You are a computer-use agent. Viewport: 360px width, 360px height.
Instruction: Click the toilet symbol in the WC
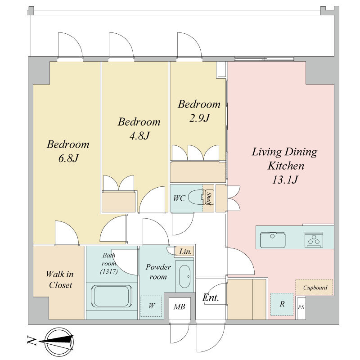point(196,197)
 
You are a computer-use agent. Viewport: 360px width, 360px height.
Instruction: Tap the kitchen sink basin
point(273,240)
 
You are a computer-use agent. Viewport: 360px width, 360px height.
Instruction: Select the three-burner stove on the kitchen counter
point(314,239)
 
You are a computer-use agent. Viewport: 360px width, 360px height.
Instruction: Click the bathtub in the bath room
point(112,296)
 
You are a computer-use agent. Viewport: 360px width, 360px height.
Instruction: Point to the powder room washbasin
point(184,276)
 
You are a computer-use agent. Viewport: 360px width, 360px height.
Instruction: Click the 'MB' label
point(179,306)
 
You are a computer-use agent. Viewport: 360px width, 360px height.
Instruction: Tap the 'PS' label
point(301,307)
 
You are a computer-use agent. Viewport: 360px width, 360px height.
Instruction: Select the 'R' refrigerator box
point(282,304)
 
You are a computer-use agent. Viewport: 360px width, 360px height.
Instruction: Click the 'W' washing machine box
point(151,306)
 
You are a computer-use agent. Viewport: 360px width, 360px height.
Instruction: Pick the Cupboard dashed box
point(314,287)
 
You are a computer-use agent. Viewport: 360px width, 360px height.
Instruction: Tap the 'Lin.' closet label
point(185,252)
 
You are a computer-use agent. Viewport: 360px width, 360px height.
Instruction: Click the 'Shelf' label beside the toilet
point(208,198)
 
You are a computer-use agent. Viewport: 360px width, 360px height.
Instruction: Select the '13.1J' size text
point(285,180)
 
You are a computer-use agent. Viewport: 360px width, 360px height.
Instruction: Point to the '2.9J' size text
point(199,118)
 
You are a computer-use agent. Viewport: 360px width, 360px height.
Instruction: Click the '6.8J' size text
point(68,158)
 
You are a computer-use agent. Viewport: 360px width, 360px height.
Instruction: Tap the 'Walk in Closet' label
point(60,279)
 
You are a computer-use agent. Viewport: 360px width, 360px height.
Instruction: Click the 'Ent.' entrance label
point(211,298)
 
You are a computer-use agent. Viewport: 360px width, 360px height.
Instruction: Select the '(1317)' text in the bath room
point(109,272)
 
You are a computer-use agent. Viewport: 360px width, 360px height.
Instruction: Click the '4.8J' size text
point(139,136)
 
